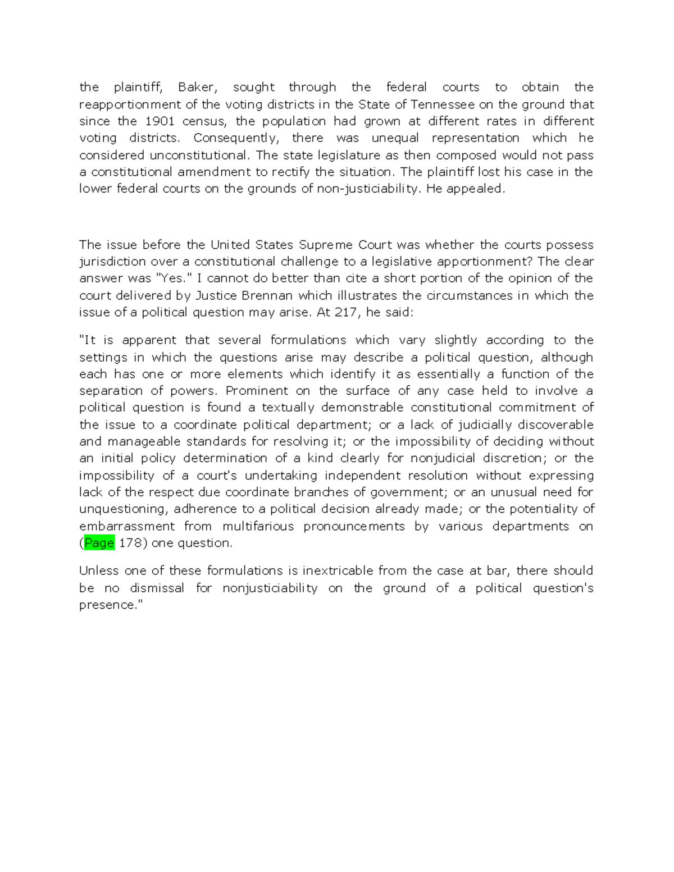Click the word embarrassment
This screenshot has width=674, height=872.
tap(127, 526)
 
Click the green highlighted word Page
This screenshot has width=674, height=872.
tap(99, 543)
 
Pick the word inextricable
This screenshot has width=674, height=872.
tap(338, 571)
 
